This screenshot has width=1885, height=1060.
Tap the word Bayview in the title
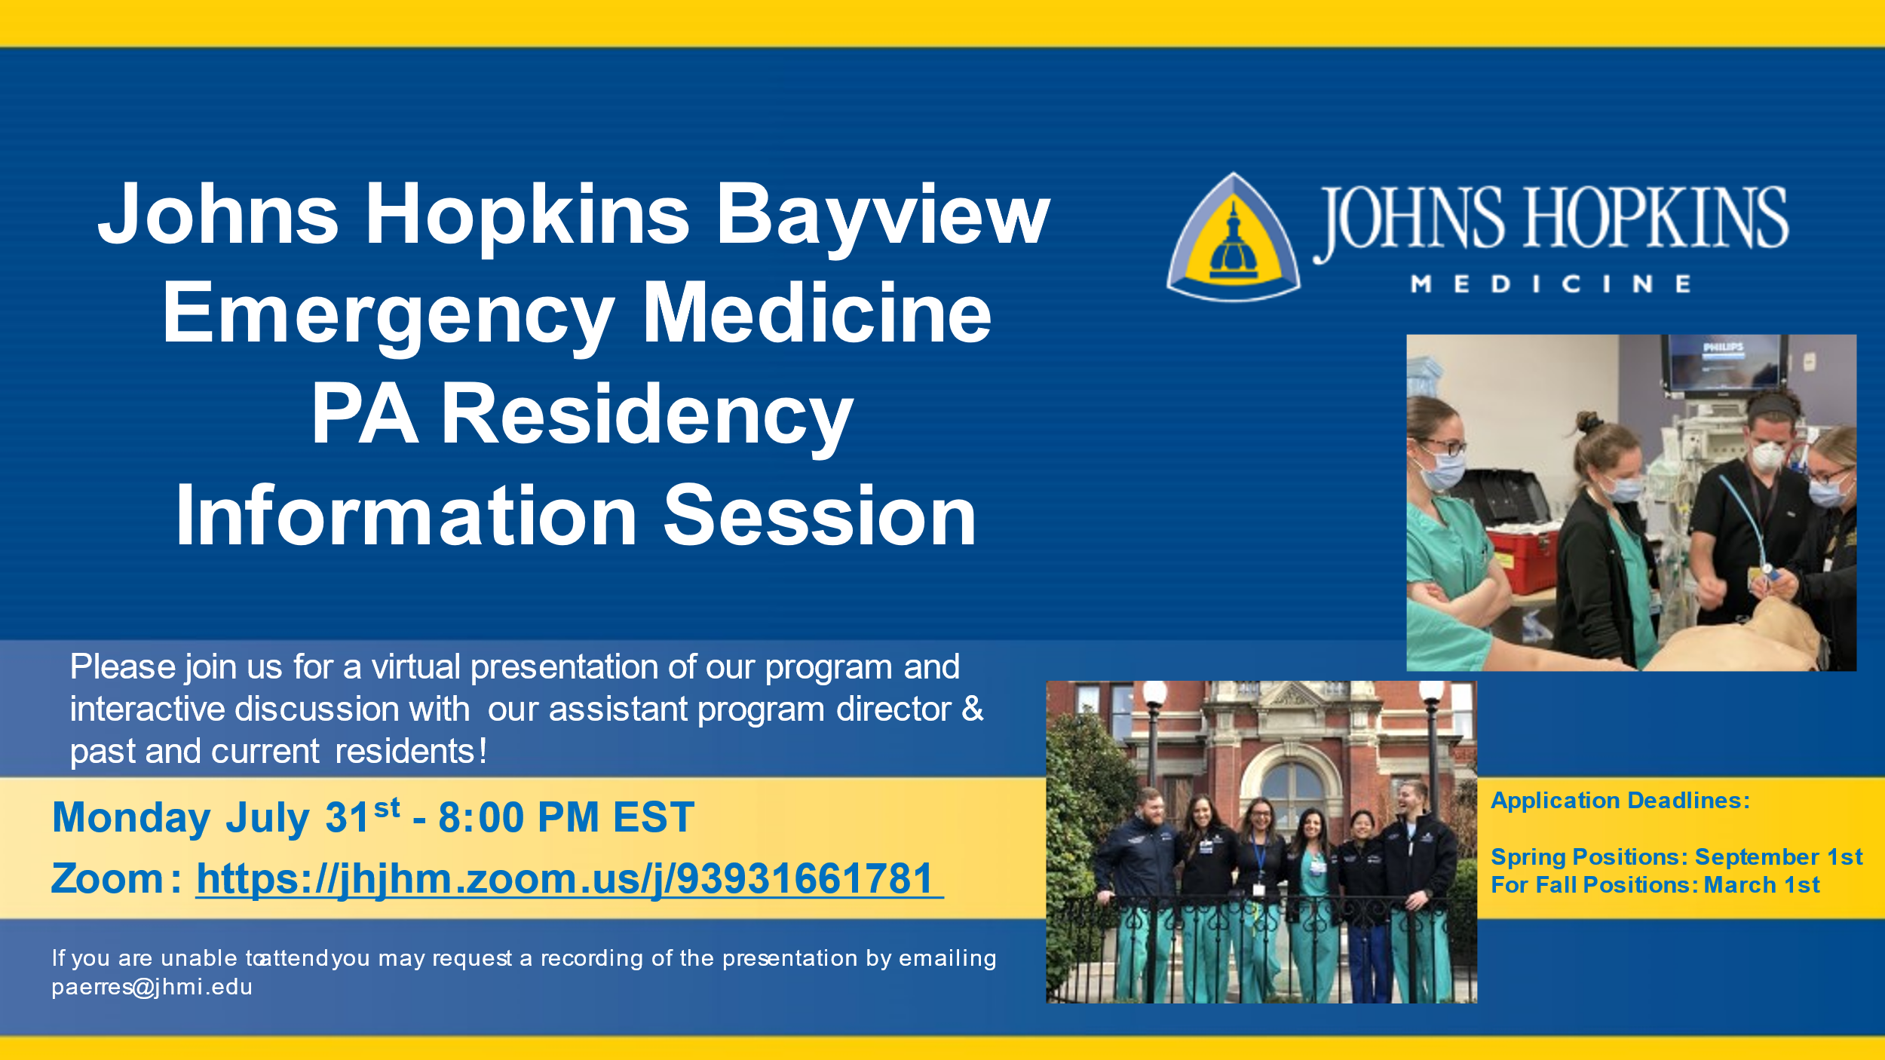[x=883, y=216]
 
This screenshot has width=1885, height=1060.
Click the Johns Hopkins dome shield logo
[x=1233, y=237]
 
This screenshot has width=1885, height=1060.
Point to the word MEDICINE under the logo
[x=1551, y=284]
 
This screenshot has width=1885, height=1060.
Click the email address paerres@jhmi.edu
[x=152, y=988]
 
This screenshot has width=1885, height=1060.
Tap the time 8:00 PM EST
[x=566, y=817]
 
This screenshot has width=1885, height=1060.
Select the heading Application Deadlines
[x=1620, y=800]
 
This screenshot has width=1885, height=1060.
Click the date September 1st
[x=1779, y=857]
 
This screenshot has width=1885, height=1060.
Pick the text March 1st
[x=1762, y=885]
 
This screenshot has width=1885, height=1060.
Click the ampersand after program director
[x=973, y=709]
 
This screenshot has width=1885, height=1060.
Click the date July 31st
[x=313, y=817]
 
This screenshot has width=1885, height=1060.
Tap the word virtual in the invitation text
[x=416, y=666]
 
